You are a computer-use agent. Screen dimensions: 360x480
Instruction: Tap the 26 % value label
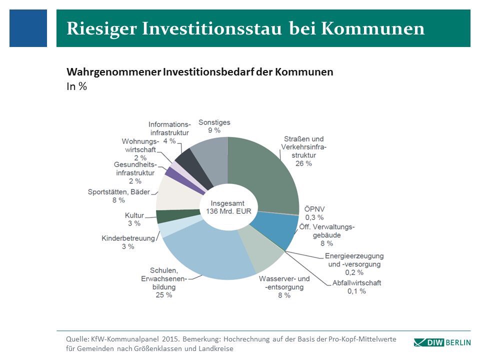click(x=303, y=163)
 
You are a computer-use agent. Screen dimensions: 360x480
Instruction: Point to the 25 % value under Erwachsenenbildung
click(x=163, y=295)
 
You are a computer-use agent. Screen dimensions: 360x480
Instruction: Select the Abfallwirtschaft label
click(x=356, y=283)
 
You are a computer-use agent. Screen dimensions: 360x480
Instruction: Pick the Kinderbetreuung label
click(x=128, y=238)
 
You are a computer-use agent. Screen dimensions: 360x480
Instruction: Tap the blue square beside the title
click(x=28, y=28)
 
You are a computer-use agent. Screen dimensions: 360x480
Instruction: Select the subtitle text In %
click(x=77, y=86)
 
